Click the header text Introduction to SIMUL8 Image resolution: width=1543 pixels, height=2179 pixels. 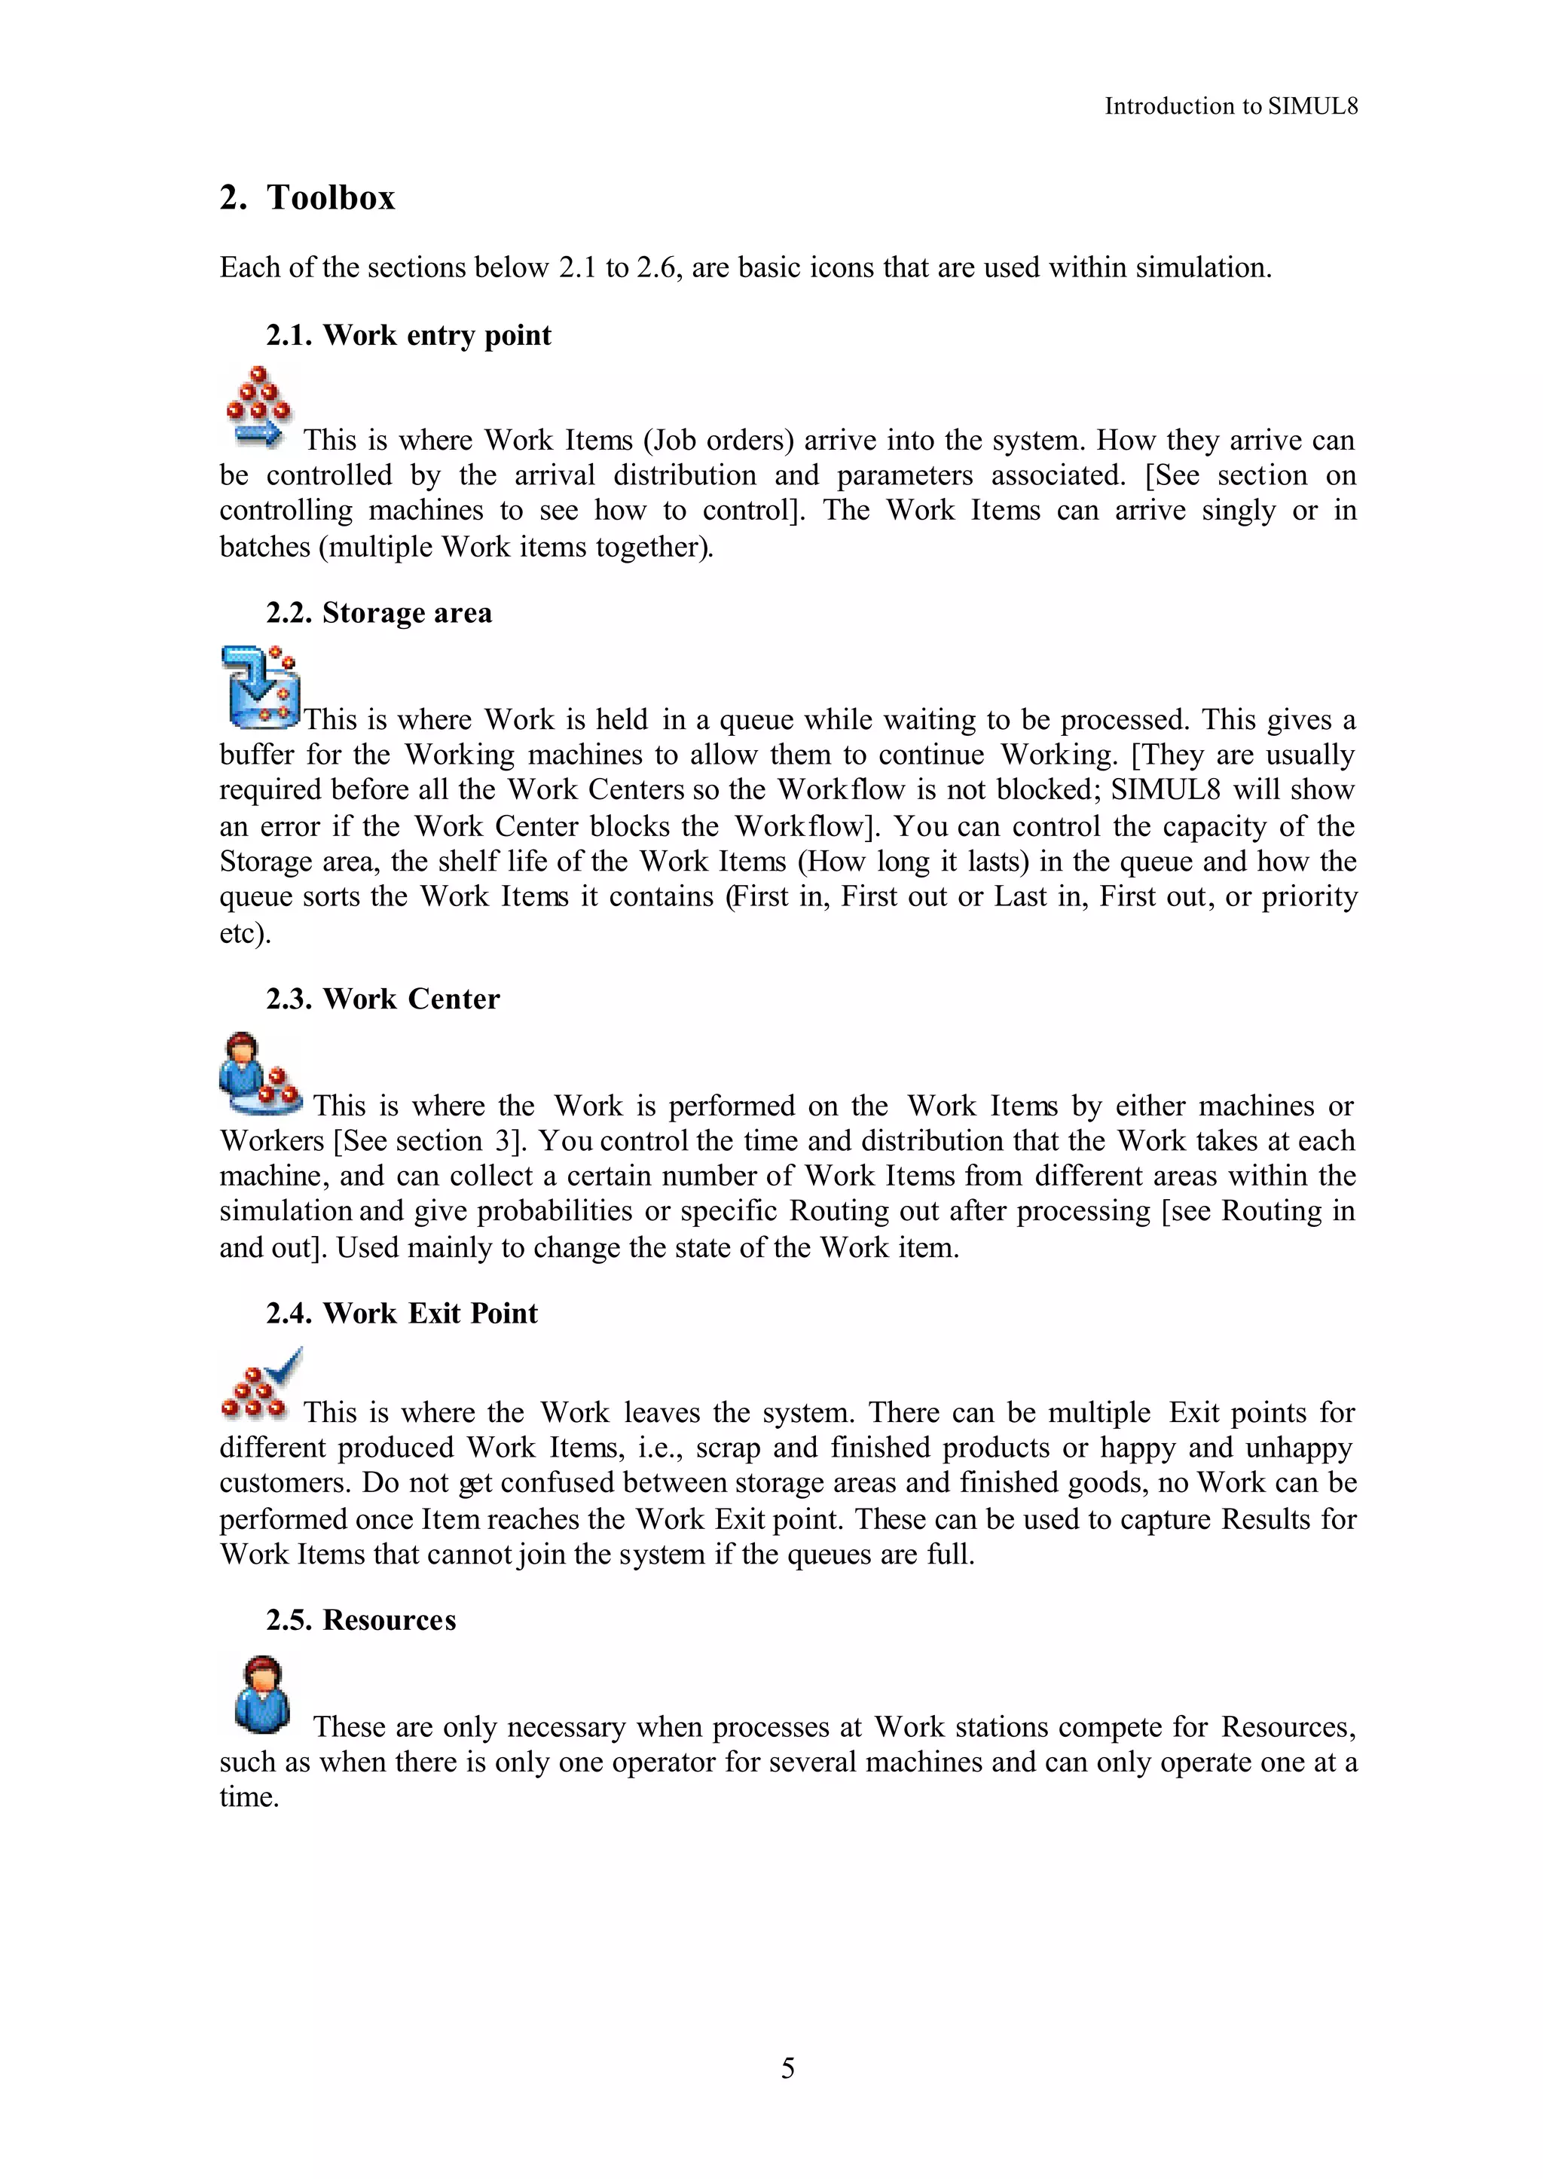coord(1230,106)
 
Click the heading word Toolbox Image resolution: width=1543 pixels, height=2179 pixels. coord(330,197)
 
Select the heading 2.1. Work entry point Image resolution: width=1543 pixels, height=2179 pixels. coord(408,335)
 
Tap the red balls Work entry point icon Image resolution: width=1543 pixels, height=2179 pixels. coord(258,407)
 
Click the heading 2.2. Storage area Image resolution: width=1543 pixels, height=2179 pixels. coord(378,612)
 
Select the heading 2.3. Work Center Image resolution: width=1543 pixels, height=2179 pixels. coord(382,999)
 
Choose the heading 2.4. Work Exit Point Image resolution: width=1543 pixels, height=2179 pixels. coord(401,1314)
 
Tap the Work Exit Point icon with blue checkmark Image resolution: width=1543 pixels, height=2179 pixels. coord(261,1383)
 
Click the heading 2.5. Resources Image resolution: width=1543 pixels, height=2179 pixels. coord(360,1620)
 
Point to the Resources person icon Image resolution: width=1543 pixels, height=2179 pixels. coord(261,1695)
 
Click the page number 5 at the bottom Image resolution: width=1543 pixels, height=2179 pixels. coord(787,2068)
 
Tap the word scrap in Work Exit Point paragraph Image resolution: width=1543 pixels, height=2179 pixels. coord(728,1448)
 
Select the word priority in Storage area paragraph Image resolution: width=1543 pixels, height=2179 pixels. coord(1309,896)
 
